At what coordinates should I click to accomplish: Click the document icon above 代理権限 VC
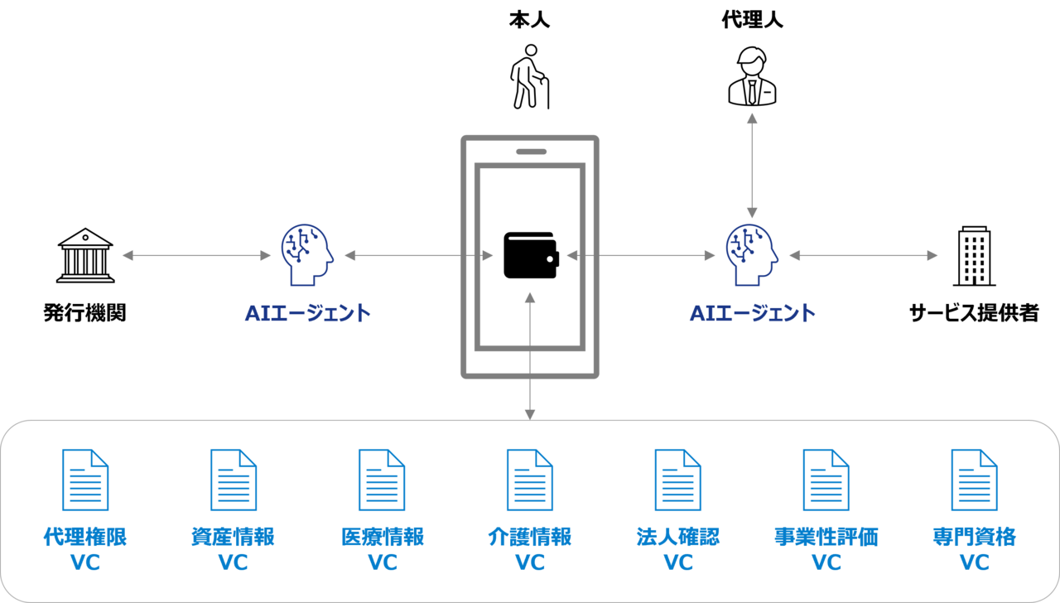tap(85, 480)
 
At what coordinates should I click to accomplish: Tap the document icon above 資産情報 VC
tap(234, 480)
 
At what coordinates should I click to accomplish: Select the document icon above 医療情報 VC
tap(382, 480)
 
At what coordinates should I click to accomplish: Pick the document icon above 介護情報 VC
tap(530, 480)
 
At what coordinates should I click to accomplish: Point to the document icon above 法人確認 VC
tap(678, 480)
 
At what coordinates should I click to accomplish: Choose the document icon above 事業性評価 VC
tap(826, 480)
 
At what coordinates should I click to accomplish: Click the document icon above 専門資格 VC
tap(975, 480)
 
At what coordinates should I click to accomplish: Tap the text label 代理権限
tap(85, 537)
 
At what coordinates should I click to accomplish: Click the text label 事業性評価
tap(826, 537)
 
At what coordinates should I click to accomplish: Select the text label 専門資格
tap(975, 537)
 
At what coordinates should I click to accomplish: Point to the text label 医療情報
tap(382, 537)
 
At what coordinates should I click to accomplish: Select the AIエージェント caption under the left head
tap(308, 313)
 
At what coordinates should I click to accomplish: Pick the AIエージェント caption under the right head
tap(753, 313)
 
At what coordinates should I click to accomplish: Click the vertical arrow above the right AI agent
tap(752, 166)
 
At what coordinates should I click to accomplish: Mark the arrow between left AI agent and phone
tap(418, 256)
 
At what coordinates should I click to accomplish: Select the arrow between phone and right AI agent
tap(641, 256)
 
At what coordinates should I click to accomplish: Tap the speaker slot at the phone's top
tap(531, 152)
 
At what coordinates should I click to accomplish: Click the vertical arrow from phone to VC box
tap(530, 356)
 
